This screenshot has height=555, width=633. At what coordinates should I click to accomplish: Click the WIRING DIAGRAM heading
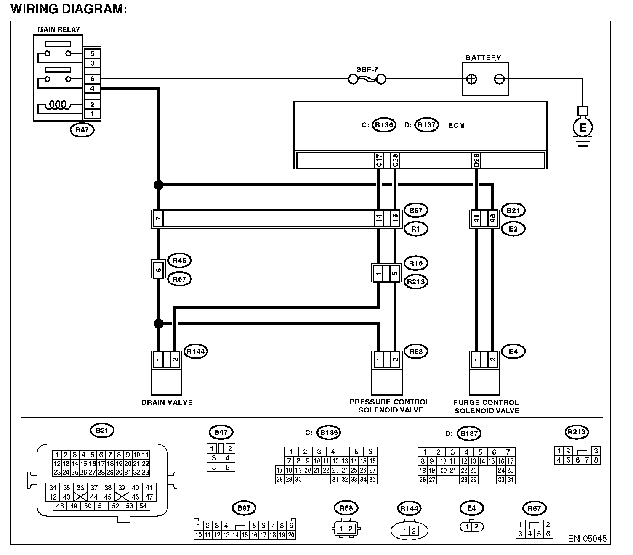(69, 9)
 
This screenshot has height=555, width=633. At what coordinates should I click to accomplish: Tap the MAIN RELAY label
(59, 29)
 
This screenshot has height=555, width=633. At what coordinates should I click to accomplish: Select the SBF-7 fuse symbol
(367, 79)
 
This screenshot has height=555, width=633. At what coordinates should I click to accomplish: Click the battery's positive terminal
(471, 79)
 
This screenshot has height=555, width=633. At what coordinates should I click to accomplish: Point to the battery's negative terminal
(499, 79)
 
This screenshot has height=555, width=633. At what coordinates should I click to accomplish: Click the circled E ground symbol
(582, 127)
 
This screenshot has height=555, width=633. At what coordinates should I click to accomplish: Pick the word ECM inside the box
(457, 125)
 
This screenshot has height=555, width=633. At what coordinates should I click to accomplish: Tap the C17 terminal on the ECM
(379, 161)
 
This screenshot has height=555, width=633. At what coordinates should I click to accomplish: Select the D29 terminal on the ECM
(476, 161)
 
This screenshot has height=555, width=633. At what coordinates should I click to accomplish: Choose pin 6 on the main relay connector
(93, 79)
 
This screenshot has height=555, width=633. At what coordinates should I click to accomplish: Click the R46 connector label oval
(179, 261)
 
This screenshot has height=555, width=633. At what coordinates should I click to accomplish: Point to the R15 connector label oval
(415, 263)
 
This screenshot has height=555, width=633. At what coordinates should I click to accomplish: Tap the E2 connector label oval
(513, 229)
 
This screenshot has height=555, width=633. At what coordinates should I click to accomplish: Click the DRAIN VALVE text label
(167, 402)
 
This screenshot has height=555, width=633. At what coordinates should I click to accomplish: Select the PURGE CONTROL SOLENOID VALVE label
(487, 407)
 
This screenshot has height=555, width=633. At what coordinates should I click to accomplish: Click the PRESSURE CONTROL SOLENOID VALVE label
(390, 406)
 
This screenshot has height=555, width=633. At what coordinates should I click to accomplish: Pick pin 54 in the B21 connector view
(143, 506)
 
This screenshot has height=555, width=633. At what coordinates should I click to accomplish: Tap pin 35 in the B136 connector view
(372, 479)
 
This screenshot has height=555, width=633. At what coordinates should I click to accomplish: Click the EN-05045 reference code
(588, 538)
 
